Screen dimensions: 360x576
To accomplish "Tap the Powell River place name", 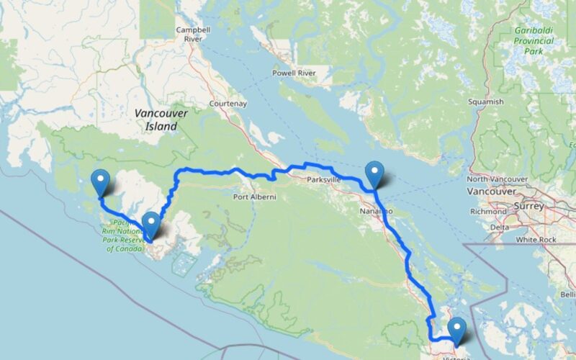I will [294, 73].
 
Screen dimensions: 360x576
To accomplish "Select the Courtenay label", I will [228, 104].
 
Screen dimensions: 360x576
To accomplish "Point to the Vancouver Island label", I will [161, 120].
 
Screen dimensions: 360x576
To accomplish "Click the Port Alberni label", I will [254, 196].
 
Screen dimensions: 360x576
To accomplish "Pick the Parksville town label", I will [323, 179].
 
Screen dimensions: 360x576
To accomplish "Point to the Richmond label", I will [489, 212].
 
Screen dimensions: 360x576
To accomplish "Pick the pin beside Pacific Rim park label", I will [151, 225].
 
